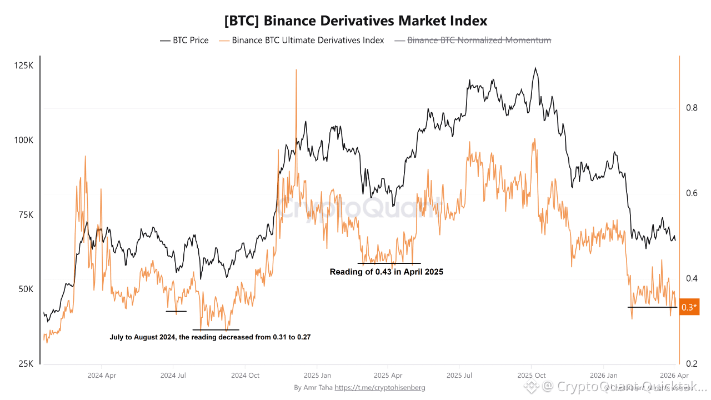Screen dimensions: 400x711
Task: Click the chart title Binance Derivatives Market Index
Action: (355, 21)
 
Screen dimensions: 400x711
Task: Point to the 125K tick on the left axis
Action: (23, 66)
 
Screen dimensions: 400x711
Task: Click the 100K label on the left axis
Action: (23, 140)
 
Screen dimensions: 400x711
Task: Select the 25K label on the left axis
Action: (25, 364)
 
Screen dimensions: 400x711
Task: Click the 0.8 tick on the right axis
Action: (691, 108)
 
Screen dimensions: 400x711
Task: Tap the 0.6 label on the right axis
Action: (691, 193)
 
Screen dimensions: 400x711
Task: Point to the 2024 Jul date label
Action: (173, 376)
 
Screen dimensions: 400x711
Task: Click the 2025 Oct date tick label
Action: (532, 376)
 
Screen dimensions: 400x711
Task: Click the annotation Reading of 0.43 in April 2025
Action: (387, 272)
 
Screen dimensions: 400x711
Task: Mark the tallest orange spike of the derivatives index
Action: (296, 70)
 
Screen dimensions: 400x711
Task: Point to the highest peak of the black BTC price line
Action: (535, 68)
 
